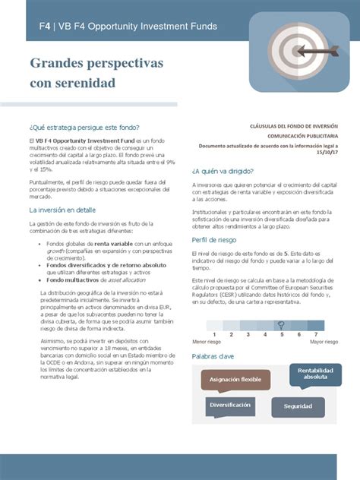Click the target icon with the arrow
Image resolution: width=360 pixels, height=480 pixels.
coord(295,52)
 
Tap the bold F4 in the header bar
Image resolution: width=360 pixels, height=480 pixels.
coord(46,27)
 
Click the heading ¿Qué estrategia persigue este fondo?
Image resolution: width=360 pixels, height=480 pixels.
coord(84,127)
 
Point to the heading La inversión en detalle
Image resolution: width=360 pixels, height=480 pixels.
coord(62,209)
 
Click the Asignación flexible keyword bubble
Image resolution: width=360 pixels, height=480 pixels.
coord(235,379)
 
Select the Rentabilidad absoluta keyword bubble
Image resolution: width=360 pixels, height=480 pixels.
coord(316,373)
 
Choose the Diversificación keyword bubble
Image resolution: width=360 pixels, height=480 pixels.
coord(230,406)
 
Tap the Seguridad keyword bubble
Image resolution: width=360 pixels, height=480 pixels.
coord(298,406)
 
